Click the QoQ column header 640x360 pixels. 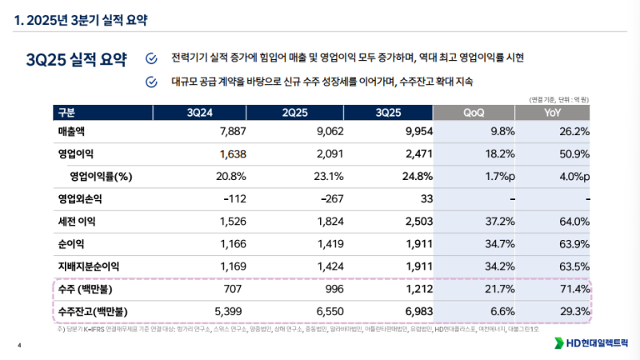point(478,112)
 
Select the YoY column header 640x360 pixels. point(552,112)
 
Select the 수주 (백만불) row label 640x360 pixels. point(86,288)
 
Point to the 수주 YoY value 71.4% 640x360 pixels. point(574,288)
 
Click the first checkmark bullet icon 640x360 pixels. point(151,58)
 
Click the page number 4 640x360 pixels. point(18,346)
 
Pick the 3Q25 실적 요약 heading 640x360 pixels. point(76,61)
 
